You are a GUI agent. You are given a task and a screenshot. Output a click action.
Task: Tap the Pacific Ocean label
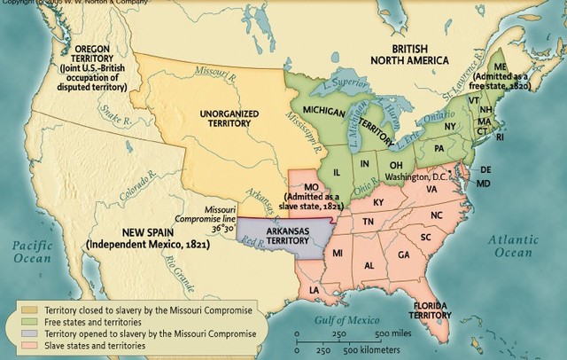point(33,249)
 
